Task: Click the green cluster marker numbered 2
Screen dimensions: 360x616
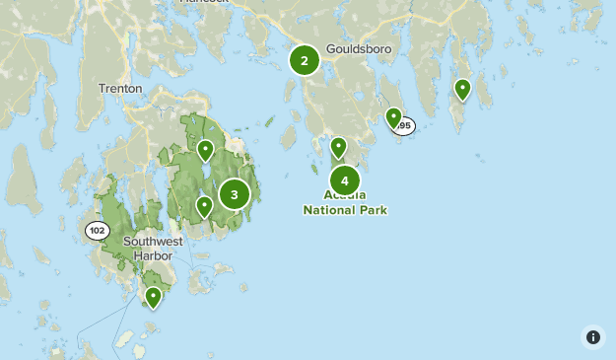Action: click(x=305, y=61)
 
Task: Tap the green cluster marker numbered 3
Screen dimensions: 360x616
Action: click(x=235, y=194)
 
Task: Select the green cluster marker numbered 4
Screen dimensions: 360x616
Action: click(x=344, y=180)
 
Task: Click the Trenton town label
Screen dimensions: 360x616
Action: click(x=120, y=89)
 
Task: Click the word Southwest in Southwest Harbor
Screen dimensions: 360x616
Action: click(x=153, y=242)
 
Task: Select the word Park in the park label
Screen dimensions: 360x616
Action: click(x=374, y=210)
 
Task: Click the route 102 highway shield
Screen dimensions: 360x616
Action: click(x=97, y=231)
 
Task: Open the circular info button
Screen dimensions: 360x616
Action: click(x=592, y=336)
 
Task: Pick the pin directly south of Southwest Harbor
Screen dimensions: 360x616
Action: click(x=153, y=296)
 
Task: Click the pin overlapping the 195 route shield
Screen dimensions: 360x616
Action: click(x=393, y=118)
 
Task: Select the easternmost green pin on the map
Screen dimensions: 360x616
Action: click(x=462, y=90)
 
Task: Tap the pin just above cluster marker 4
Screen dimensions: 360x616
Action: click(x=338, y=147)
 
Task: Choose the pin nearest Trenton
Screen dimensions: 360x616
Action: click(x=205, y=150)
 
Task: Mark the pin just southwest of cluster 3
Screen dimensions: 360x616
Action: click(x=204, y=206)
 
